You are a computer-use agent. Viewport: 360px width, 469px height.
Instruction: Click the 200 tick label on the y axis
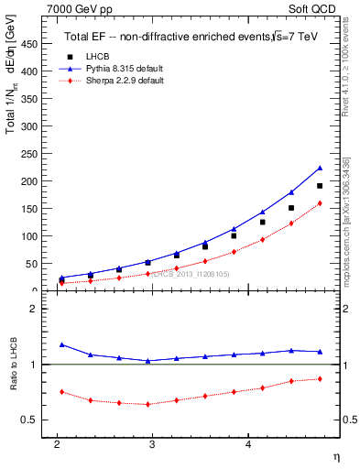(x=33, y=181)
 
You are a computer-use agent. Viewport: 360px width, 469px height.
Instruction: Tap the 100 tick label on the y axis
(x=33, y=236)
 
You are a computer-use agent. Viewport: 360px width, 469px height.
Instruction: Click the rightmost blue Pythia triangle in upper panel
(x=320, y=168)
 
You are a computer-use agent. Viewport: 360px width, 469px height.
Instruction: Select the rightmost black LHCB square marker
(x=320, y=186)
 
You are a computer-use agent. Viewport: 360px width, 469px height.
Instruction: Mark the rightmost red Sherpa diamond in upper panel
(x=320, y=203)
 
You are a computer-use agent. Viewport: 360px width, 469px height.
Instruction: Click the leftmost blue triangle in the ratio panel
(x=61, y=344)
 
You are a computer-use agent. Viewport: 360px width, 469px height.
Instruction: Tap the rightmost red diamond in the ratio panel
(x=320, y=378)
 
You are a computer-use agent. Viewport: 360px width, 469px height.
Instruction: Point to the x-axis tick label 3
(x=153, y=444)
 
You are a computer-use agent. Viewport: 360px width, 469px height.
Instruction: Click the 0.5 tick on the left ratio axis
(x=33, y=420)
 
